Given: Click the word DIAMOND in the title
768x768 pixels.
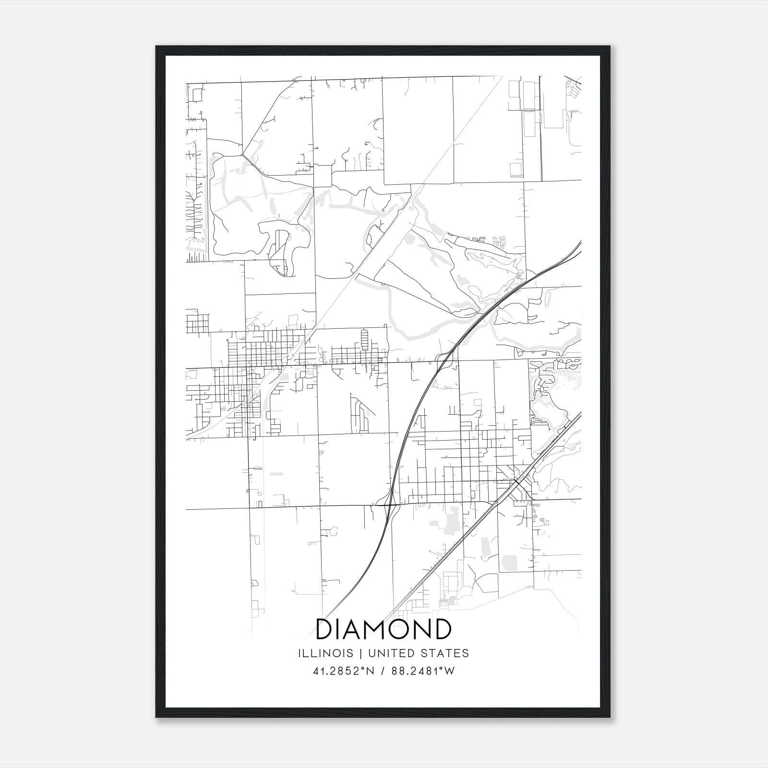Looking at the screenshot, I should pyautogui.click(x=384, y=629).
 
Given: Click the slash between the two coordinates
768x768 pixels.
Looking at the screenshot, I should pyautogui.click(x=382, y=671).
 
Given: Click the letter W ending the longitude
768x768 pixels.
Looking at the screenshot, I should pyautogui.click(x=450, y=671).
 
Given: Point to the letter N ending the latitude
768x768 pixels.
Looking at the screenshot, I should pyautogui.click(x=367, y=671).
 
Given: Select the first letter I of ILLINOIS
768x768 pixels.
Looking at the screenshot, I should pyautogui.click(x=300, y=653).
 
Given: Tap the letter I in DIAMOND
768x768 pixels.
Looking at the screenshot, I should pyautogui.click(x=338, y=629).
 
